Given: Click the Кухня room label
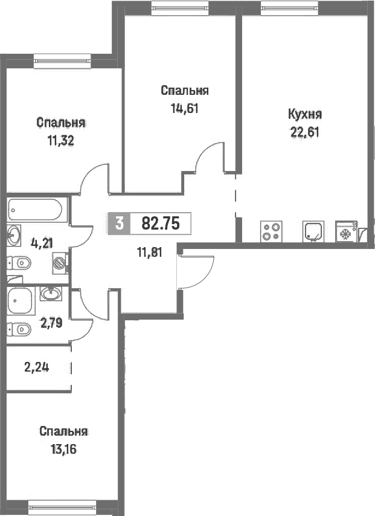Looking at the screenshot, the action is tap(304, 115).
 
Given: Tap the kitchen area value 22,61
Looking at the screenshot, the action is tap(304, 132).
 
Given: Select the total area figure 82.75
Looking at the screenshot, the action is tap(161, 224).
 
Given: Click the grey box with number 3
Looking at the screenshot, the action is tap(120, 224).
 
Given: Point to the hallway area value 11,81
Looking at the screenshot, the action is tap(149, 253).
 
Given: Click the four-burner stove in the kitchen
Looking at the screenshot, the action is tap(271, 231).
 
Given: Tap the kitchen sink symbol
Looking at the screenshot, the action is tap(313, 231).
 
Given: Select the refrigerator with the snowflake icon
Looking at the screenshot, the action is tap(346, 231).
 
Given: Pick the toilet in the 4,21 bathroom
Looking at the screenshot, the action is tap(19, 263).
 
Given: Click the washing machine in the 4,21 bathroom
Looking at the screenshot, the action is tap(60, 263).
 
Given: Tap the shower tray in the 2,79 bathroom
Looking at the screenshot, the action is tap(21, 301).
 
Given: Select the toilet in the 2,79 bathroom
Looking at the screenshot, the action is tap(19, 329).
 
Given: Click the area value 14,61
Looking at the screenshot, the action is tap(185, 108).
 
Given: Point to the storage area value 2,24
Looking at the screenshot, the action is tap(37, 367).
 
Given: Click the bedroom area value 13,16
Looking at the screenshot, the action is tap(63, 449).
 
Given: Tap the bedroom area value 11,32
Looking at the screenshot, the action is tap(61, 141).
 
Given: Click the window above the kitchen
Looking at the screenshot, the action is tap(290, 7).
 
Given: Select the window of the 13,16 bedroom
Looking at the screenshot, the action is tap(62, 507).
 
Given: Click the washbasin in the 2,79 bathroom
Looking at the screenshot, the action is tap(51, 294).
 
